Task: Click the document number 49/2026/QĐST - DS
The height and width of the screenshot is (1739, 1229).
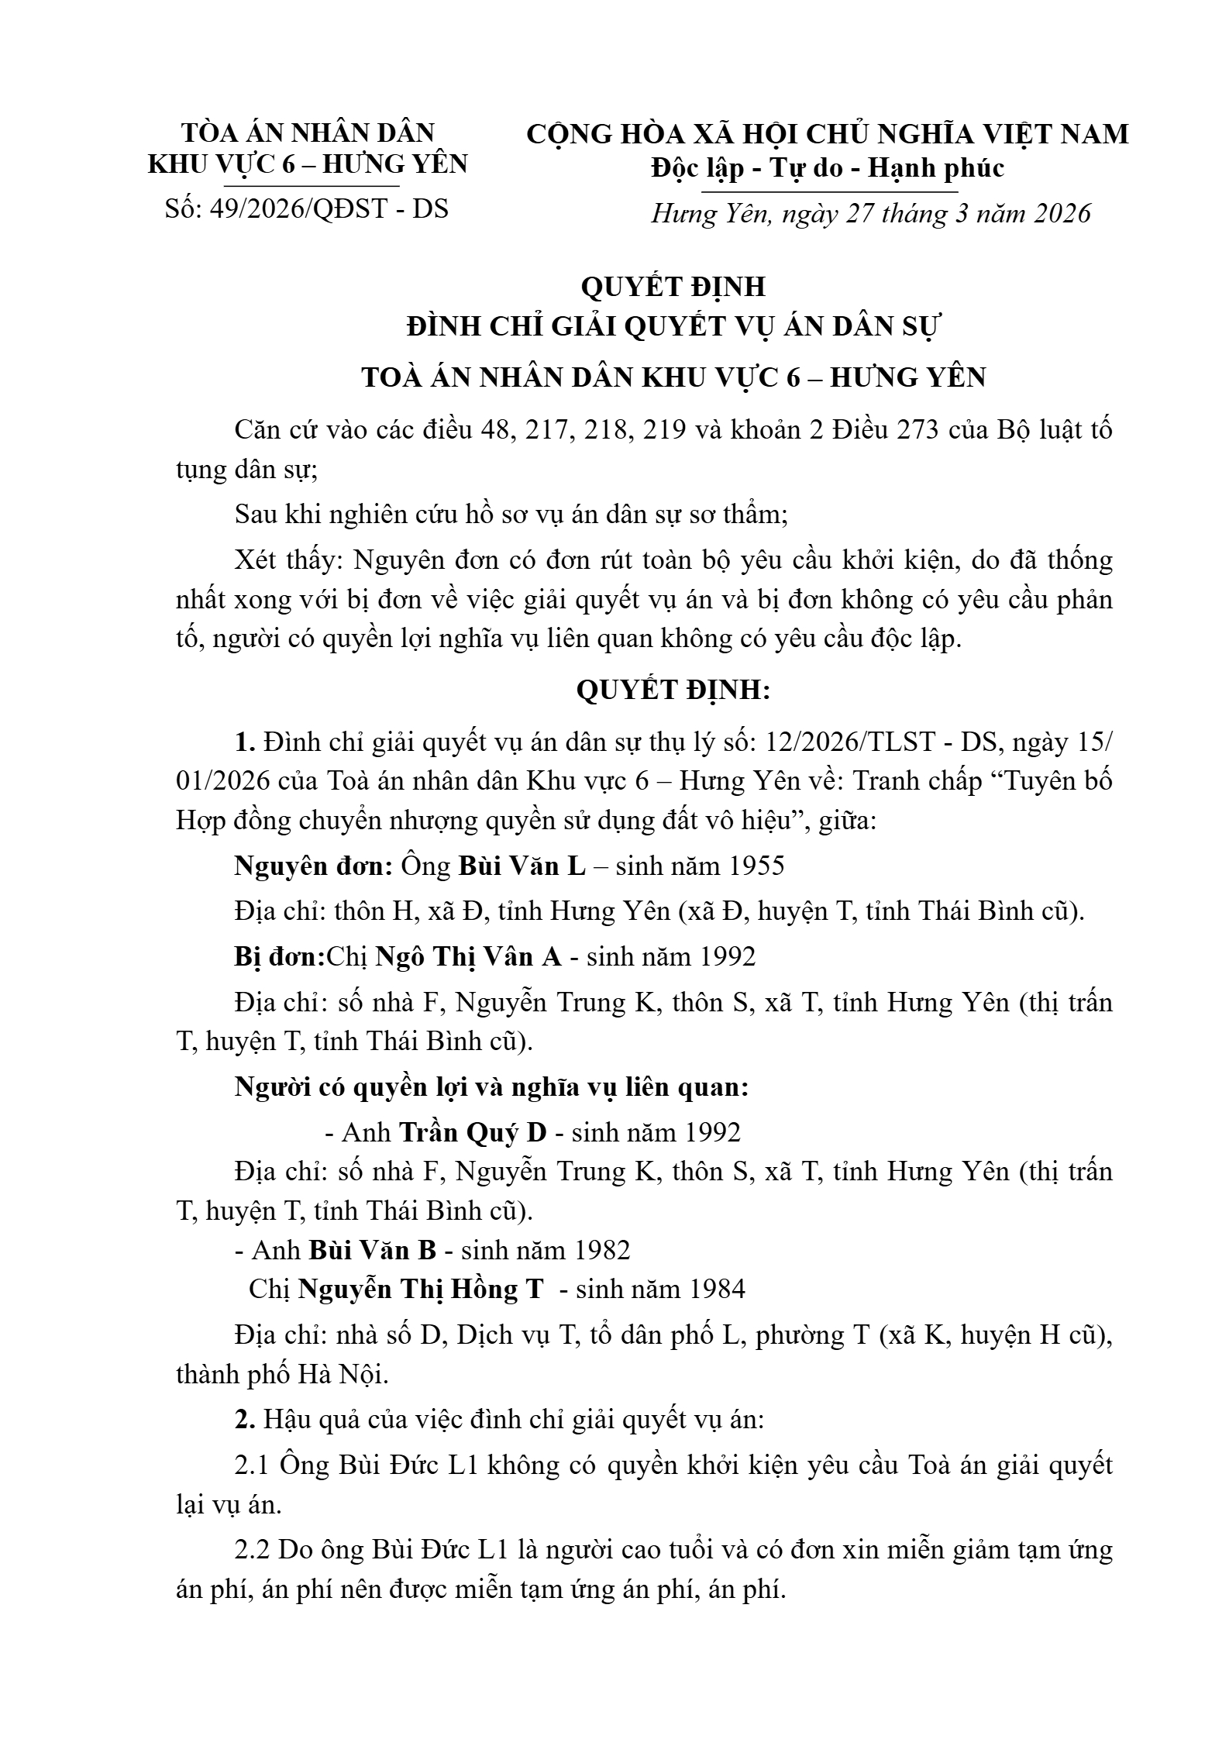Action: (329, 209)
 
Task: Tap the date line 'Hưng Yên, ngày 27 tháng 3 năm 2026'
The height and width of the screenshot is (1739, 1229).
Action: (870, 213)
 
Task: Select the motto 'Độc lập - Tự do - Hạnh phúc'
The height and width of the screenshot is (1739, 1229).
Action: (828, 168)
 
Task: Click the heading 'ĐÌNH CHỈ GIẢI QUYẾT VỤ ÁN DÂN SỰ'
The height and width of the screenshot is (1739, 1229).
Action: (673, 328)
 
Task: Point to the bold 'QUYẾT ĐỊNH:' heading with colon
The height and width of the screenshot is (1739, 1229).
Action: (673, 690)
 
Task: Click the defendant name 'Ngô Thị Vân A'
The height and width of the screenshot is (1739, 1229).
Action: (469, 957)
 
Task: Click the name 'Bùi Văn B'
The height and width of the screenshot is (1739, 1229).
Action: (373, 1250)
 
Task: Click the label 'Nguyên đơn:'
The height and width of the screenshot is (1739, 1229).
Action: (313, 866)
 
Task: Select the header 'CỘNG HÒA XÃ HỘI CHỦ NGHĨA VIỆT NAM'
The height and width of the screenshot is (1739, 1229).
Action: (828, 135)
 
